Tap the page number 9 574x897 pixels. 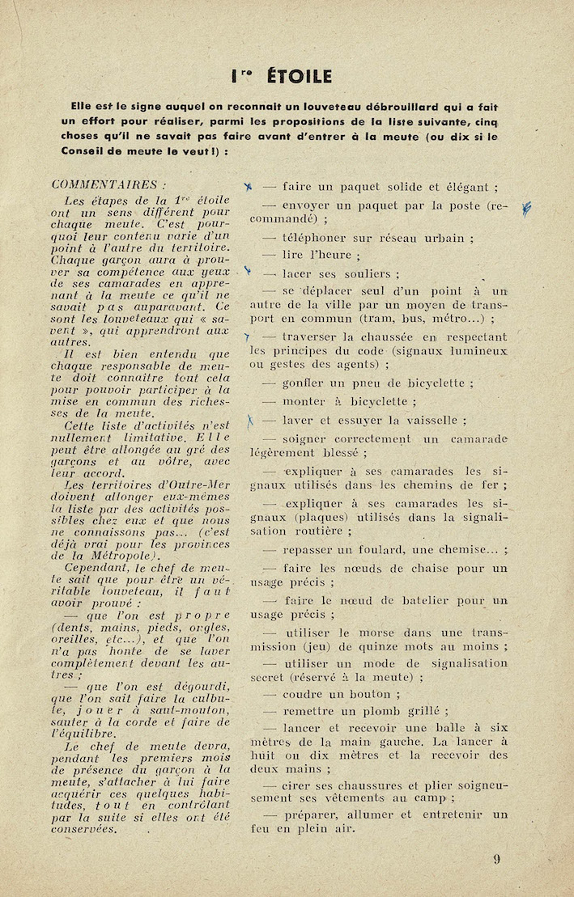coord(497,860)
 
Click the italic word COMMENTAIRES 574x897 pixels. coord(103,184)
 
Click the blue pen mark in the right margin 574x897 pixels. coord(527,209)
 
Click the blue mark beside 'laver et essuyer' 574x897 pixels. coord(251,420)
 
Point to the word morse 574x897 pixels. coord(369,631)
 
